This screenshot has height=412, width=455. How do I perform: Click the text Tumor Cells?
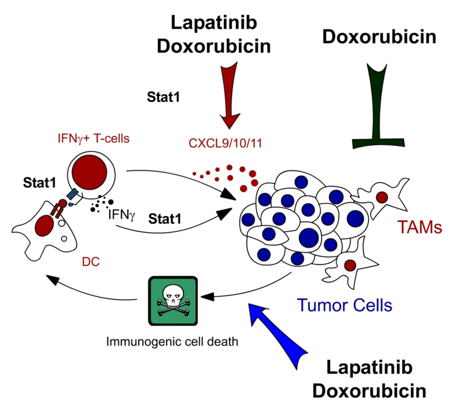click(x=346, y=305)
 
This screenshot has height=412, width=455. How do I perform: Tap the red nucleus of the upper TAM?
click(x=381, y=197)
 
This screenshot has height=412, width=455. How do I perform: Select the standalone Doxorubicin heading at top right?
click(x=380, y=37)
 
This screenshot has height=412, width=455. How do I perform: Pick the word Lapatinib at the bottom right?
click(x=369, y=368)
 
